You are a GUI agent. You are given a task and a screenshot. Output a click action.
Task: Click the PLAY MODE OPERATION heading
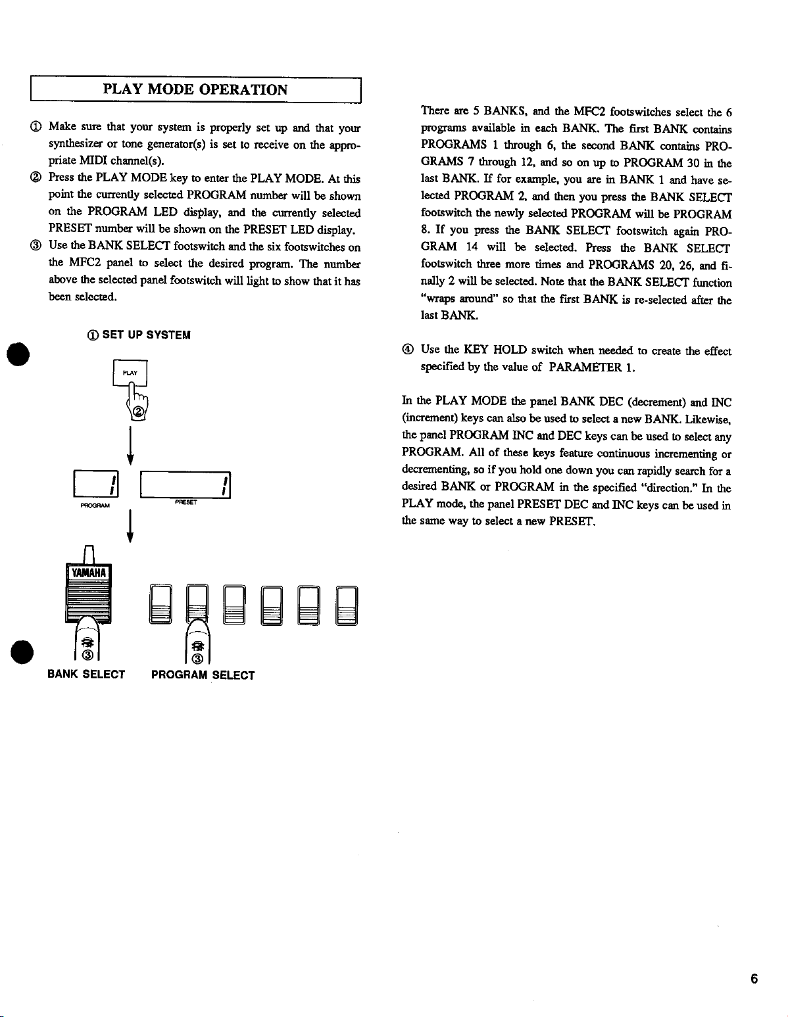[195, 90]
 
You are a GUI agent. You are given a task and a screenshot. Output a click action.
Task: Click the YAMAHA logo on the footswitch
[88, 571]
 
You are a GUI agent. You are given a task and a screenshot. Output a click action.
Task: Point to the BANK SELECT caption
[86, 674]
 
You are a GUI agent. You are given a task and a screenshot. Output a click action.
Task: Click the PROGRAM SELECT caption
[203, 675]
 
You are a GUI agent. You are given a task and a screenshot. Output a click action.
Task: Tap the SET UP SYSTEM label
[146, 335]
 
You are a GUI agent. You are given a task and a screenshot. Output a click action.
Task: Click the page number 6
[754, 979]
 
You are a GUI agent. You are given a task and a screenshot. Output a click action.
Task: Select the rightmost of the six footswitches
[347, 605]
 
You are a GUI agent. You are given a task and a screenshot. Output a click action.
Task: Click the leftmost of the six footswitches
[161, 605]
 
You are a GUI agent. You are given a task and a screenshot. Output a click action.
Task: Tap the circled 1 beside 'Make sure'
[35, 127]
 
